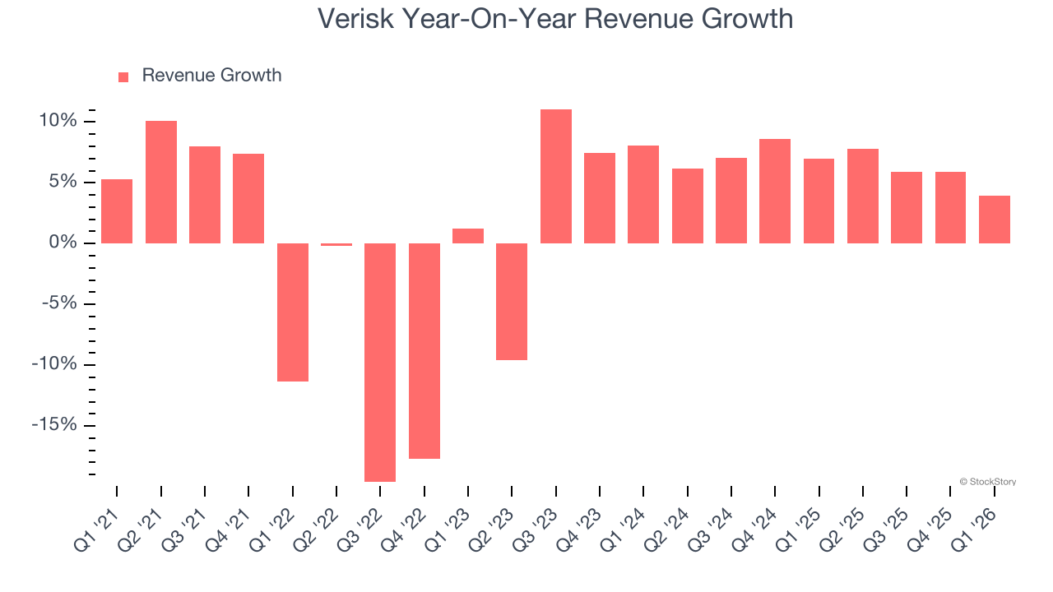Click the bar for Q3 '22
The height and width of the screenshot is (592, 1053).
click(x=380, y=362)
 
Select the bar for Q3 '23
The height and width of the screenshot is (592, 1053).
click(x=556, y=176)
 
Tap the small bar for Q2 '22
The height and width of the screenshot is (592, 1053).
click(x=336, y=244)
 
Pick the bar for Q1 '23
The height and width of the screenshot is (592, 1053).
click(x=468, y=236)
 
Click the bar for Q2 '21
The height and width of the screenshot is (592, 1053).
click(x=161, y=182)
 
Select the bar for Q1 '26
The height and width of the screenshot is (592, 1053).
click(x=995, y=220)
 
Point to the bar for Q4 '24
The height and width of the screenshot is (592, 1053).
click(x=775, y=191)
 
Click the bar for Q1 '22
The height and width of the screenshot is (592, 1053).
click(x=293, y=312)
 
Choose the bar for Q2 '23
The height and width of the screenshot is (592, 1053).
click(x=512, y=302)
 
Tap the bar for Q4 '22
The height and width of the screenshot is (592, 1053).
click(x=424, y=351)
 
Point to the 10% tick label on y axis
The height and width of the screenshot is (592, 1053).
click(x=58, y=122)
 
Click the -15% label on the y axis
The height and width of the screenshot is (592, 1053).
click(x=54, y=425)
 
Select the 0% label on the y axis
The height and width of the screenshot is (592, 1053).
click(x=63, y=243)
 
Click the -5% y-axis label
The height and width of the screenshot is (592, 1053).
click(x=58, y=303)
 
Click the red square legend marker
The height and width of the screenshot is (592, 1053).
click(x=123, y=76)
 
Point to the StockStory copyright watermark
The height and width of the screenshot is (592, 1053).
click(x=988, y=482)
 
